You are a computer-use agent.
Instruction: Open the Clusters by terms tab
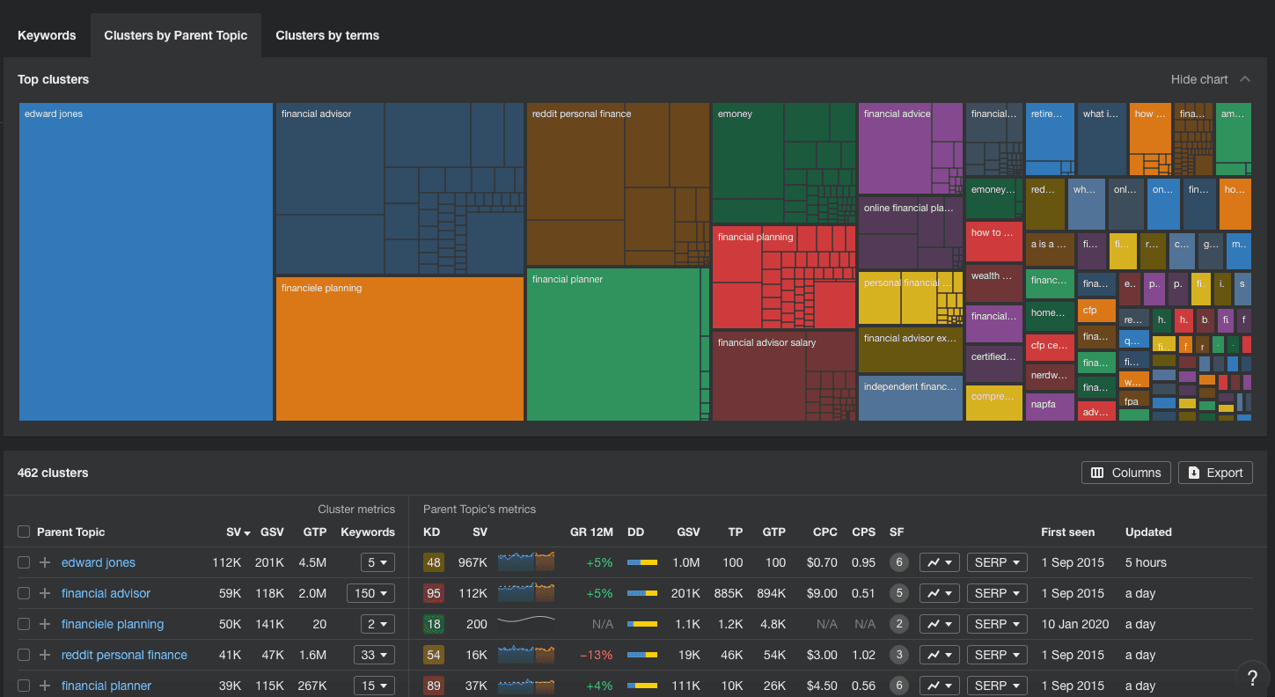pos(327,36)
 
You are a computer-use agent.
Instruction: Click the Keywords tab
pos(47,36)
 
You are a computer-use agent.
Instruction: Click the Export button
pos(1215,473)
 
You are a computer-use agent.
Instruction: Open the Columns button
pos(1125,473)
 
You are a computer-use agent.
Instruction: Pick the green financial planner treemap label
pos(568,280)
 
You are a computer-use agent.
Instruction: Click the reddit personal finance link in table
pos(124,655)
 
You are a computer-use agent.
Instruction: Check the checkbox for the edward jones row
pos(24,562)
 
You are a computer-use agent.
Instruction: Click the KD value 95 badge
pos(433,593)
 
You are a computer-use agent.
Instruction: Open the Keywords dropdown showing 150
pos(370,593)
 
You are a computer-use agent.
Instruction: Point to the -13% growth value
pos(596,655)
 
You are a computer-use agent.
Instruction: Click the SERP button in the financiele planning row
pos(997,624)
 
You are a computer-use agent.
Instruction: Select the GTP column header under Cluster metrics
pos(314,532)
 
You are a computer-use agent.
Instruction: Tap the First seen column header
pos(1067,532)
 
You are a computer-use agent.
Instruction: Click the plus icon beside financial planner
pos(45,686)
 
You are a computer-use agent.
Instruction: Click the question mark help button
pos(1252,677)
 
